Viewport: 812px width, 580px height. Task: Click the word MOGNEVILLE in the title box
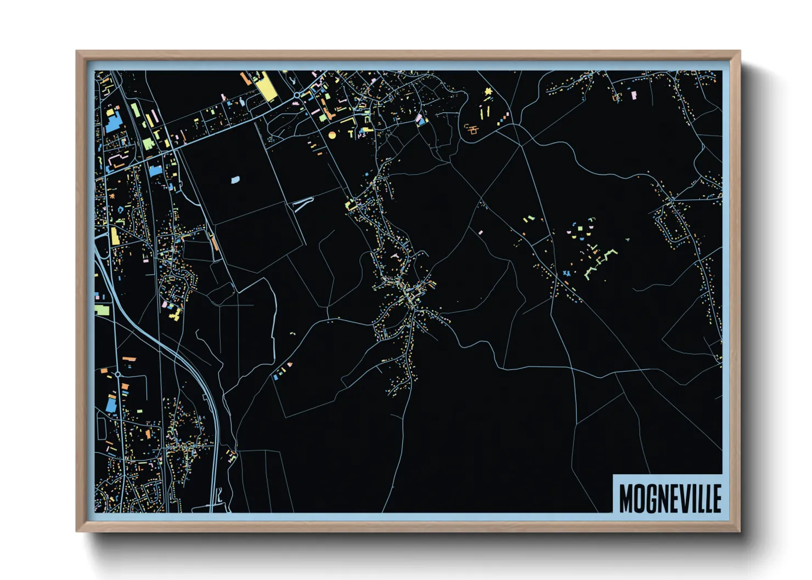[x=669, y=498]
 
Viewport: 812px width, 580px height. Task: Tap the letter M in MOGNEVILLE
[x=626, y=498]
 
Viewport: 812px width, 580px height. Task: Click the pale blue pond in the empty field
[x=235, y=179]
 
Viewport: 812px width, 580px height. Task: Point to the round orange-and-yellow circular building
[x=331, y=134]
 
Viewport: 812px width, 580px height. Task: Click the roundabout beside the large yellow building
[x=297, y=95]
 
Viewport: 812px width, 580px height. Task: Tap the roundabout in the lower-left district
[x=118, y=374]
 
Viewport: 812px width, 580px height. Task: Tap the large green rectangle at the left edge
[x=102, y=310]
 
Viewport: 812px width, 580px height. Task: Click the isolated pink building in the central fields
[x=481, y=232]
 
